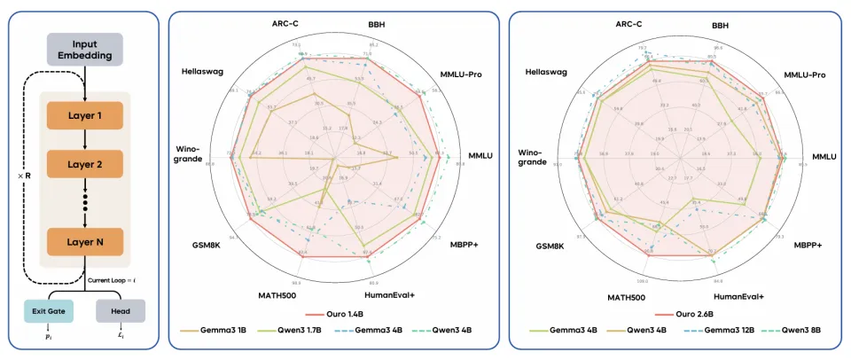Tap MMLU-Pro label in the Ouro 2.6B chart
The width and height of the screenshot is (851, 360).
pos(804,74)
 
